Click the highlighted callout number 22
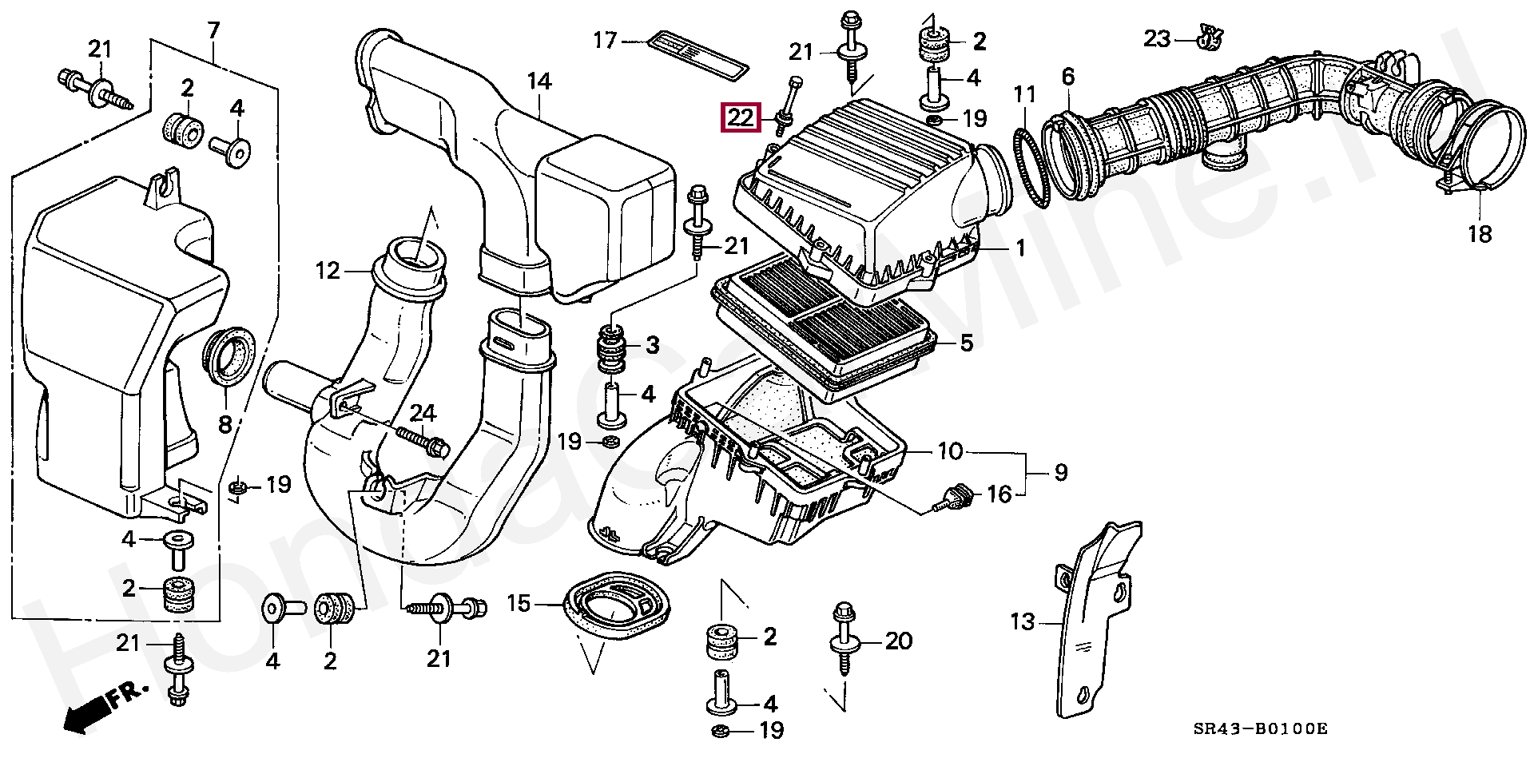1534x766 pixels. (740, 118)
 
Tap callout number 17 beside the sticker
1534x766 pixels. (605, 39)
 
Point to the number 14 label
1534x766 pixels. (539, 81)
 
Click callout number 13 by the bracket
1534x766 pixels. (1023, 621)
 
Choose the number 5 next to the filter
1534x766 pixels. (966, 343)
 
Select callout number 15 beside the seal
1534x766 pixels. (519, 604)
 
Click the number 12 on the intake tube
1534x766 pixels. (328, 271)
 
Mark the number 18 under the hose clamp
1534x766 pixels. (1480, 235)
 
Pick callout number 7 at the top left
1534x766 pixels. (213, 31)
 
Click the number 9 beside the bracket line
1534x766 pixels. (1060, 473)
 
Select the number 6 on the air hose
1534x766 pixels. (1068, 77)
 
